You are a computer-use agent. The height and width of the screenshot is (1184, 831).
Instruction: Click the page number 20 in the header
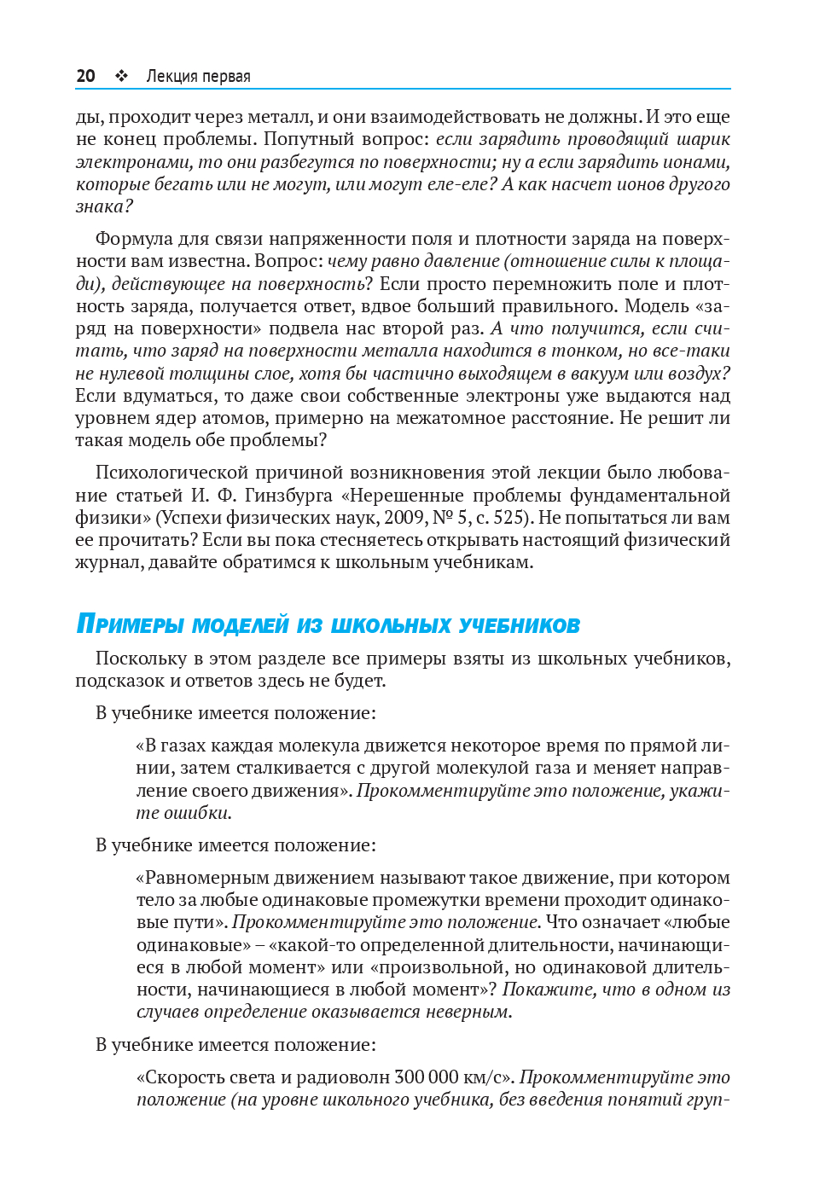coord(85,76)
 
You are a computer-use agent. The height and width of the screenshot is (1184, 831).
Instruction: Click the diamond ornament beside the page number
coord(122,76)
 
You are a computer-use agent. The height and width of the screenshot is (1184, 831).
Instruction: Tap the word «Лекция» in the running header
coord(171,77)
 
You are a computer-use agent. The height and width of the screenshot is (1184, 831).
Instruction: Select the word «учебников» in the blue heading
coord(519,625)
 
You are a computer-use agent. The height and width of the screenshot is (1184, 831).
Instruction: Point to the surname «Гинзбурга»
coord(287,496)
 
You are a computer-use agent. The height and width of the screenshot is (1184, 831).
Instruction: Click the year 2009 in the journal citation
coord(405,518)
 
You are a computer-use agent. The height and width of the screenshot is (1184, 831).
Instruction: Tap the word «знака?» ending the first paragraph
coord(104,206)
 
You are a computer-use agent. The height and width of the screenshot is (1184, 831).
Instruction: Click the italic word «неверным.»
coord(468,1012)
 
